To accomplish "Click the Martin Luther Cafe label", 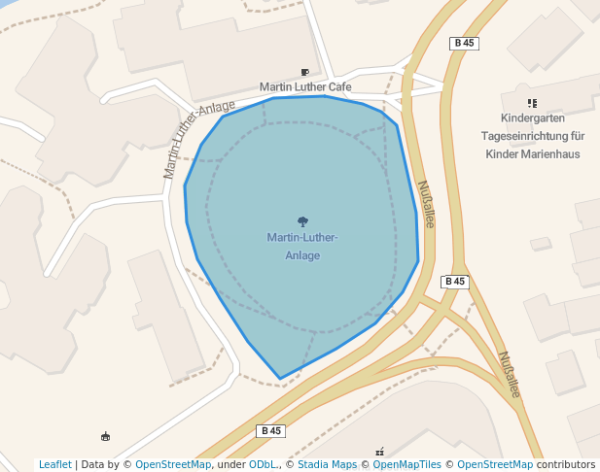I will pos(305,87).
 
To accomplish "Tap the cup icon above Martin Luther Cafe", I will pos(305,72).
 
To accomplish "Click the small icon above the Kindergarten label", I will pos(532,103).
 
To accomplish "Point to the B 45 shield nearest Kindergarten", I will pos(465,43).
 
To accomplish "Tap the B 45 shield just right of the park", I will pos(454,282).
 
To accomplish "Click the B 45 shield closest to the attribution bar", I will pos(270,430).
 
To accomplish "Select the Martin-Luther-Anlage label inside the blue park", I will pos(302,247).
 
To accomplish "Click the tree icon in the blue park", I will pos(302,222).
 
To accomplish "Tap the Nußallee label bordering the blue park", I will pos(425,203).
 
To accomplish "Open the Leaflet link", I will pos(54,465).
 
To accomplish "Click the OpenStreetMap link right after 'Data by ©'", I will pos(173,465).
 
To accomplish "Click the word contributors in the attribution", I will pos(566,465).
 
